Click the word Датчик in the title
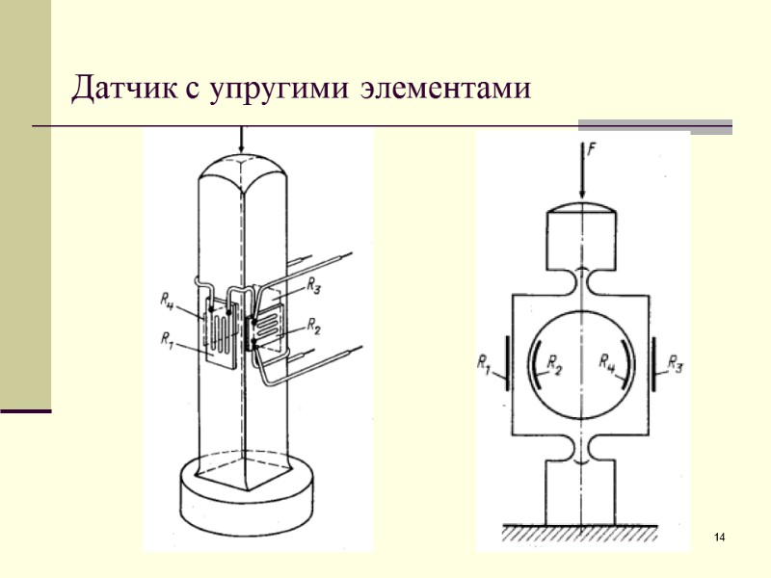[123, 91]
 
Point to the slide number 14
[718, 536]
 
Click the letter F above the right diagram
[591, 150]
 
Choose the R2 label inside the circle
[555, 363]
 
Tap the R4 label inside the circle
[609, 363]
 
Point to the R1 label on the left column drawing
[168, 338]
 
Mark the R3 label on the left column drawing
[315, 285]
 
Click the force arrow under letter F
[584, 178]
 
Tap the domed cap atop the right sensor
[584, 206]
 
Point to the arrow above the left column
[241, 142]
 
